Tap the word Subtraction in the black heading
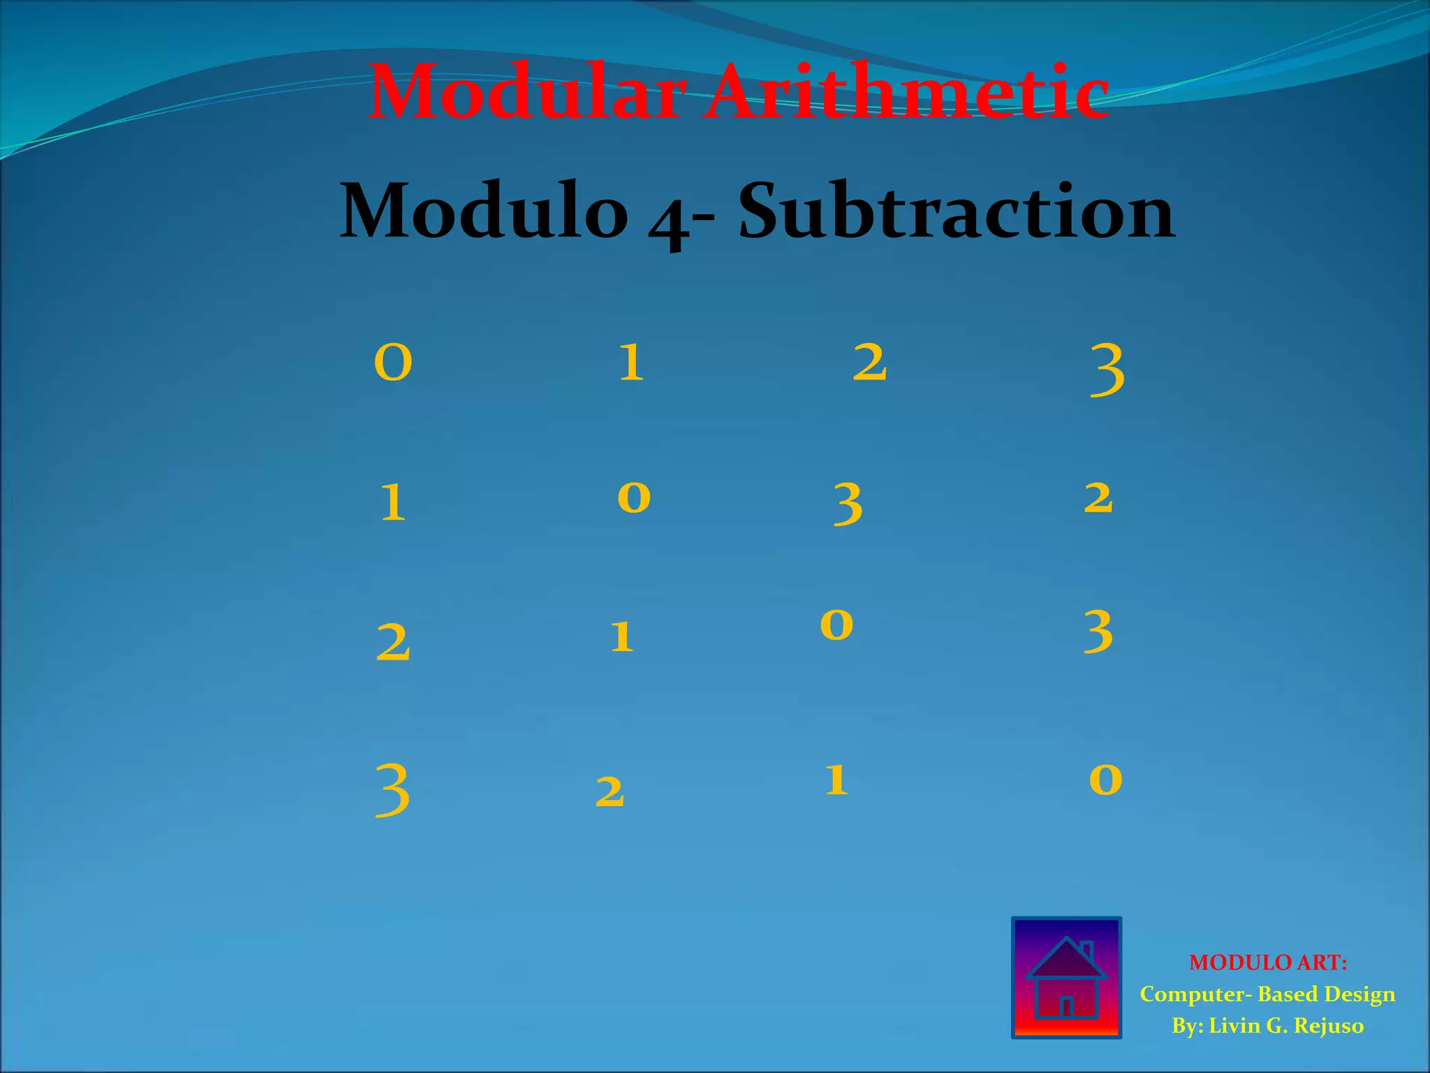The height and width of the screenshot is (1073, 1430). click(x=957, y=210)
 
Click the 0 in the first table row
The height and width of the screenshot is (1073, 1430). click(x=393, y=363)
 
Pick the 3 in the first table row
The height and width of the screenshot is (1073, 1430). click(x=1107, y=371)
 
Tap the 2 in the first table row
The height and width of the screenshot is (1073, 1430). click(x=869, y=363)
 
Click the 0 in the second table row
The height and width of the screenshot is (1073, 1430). click(x=634, y=497)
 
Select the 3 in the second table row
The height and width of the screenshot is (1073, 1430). click(x=848, y=504)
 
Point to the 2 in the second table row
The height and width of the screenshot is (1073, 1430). click(x=1098, y=498)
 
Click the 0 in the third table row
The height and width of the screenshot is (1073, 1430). click(x=836, y=624)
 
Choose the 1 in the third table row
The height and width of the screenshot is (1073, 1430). click(x=621, y=636)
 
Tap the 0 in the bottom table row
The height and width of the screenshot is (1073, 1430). click(x=1105, y=780)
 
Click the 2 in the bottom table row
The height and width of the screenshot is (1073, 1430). click(x=610, y=792)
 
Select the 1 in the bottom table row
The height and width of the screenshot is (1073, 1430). click(x=836, y=780)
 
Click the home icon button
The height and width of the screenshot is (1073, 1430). click(x=1066, y=977)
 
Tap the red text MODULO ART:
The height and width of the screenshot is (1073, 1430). click(x=1267, y=963)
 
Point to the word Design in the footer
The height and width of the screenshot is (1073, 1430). click(x=1360, y=994)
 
